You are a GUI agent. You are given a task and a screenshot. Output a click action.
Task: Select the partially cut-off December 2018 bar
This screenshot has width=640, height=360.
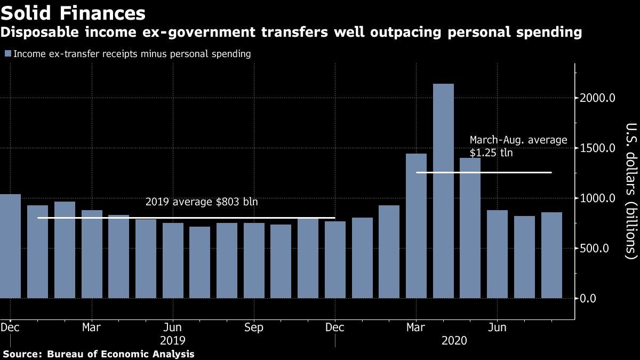pyautogui.click(x=10, y=246)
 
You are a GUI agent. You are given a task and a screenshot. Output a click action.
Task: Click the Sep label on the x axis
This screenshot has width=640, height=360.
pyautogui.click(x=253, y=327)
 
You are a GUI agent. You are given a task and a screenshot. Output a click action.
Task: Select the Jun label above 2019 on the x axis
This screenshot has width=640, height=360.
pyautogui.click(x=172, y=327)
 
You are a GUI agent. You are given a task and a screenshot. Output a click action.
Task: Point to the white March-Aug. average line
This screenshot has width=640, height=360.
pyautogui.click(x=483, y=172)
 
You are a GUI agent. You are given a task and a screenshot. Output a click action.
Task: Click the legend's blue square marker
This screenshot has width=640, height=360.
pyautogui.click(x=7, y=54)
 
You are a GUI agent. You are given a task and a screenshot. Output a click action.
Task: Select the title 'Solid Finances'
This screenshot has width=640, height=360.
pyautogui.click(x=73, y=13)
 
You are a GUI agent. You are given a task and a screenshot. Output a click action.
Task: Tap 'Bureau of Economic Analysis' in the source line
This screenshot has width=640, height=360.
pyautogui.click(x=121, y=354)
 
